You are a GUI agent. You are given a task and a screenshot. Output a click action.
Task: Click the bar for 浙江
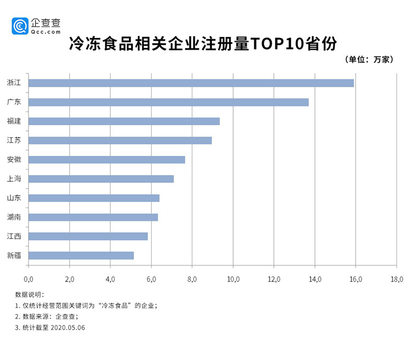click(x=191, y=83)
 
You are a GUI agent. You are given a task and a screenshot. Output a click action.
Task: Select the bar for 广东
click(x=168, y=102)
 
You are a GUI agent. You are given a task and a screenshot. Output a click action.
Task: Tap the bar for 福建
click(x=124, y=121)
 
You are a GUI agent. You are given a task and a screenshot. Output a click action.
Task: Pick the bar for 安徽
click(x=106, y=160)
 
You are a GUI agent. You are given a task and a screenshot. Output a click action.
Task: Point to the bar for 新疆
click(x=81, y=255)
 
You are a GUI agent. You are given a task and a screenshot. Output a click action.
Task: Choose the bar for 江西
click(x=88, y=236)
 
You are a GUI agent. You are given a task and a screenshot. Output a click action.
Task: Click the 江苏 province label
click(x=14, y=141)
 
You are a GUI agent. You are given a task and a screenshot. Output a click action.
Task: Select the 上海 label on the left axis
click(x=14, y=179)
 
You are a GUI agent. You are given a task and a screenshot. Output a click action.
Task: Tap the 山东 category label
click(x=14, y=198)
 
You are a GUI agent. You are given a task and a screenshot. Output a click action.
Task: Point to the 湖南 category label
click(x=14, y=217)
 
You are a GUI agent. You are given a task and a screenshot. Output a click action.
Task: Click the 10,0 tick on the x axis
click(x=233, y=279)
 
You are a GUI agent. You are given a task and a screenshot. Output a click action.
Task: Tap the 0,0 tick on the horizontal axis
click(x=29, y=279)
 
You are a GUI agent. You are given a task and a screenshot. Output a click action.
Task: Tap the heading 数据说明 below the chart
click(x=30, y=294)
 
